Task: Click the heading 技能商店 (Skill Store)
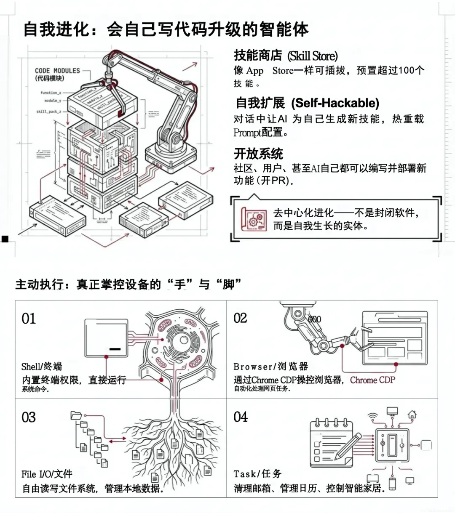click(286, 56)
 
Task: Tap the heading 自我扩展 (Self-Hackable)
click(308, 103)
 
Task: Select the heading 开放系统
click(258, 154)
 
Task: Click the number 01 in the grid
click(29, 319)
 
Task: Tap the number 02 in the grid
click(240, 318)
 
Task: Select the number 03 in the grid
click(29, 417)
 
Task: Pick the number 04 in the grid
click(241, 417)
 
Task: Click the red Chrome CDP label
click(372, 380)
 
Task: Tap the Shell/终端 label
click(42, 366)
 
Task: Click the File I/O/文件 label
click(47, 474)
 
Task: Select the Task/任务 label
click(257, 474)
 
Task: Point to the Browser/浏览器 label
click(271, 366)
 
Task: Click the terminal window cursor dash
click(115, 349)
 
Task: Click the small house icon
click(412, 415)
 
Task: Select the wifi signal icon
click(372, 417)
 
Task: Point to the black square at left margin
click(5, 239)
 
